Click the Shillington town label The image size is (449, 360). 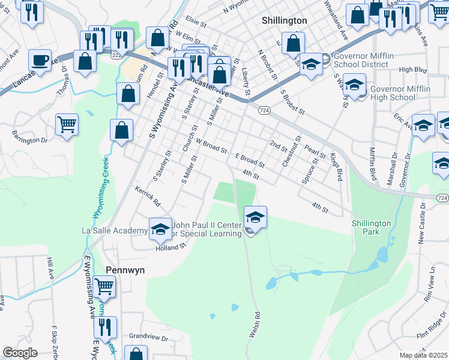(285, 20)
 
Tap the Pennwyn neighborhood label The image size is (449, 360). (125, 270)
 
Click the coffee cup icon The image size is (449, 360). (40, 60)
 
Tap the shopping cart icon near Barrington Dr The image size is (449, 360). (67, 124)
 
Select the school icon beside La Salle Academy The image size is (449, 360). (160, 229)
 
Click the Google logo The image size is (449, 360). (20, 353)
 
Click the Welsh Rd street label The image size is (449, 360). (257, 323)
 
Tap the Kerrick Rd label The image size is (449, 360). (148, 196)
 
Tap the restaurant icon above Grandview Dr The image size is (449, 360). (104, 327)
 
